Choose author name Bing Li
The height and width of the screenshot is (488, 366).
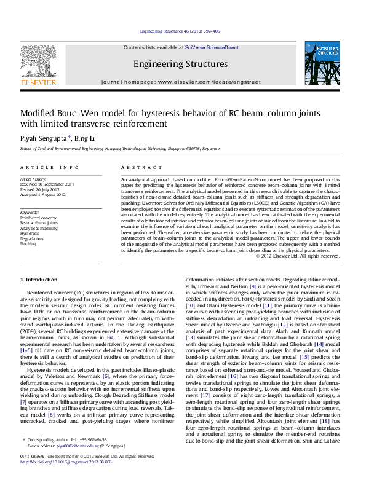click(84, 138)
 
